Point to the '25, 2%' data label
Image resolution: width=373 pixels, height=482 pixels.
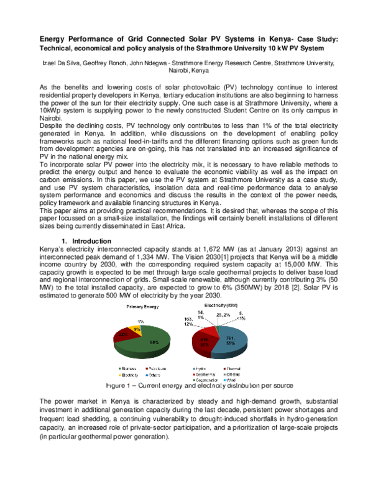point(222,316)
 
